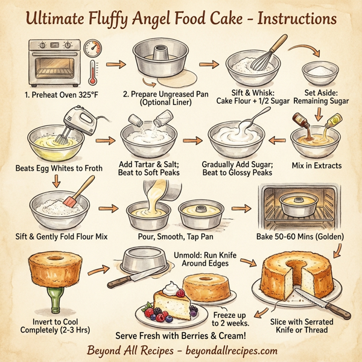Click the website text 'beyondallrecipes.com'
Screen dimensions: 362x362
tap(229, 351)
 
